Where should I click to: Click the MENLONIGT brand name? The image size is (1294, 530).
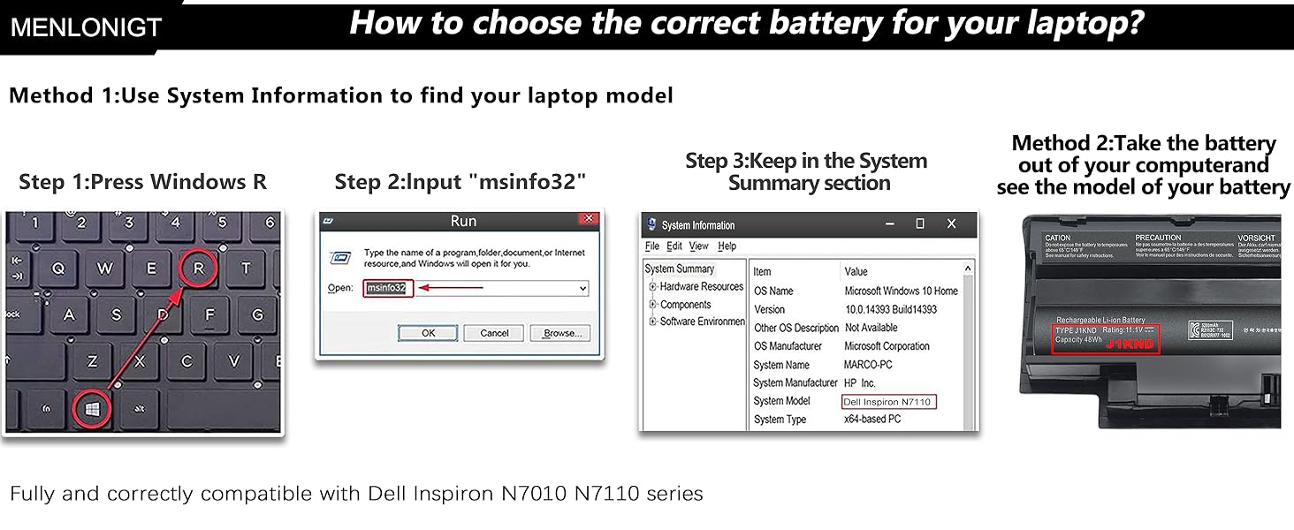tap(86, 27)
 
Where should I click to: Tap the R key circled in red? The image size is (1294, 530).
tap(199, 268)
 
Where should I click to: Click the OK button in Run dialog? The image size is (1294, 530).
tap(428, 333)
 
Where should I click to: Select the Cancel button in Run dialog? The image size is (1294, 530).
tap(494, 333)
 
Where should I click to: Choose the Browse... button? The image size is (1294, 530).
tap(559, 333)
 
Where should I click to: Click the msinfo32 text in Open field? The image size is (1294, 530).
tap(387, 288)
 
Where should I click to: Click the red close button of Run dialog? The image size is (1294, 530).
tap(588, 219)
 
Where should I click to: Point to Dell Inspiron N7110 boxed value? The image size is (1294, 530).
tap(887, 402)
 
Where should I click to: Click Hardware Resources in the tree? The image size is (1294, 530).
tap(701, 286)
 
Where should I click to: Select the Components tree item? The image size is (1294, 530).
tap(685, 305)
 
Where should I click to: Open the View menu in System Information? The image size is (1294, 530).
tap(698, 246)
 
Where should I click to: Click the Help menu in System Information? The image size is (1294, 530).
tap(727, 246)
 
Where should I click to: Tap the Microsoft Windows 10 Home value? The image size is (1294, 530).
tap(901, 291)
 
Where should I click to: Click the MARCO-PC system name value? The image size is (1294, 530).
tap(868, 365)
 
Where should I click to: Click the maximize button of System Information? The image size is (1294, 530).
tap(920, 224)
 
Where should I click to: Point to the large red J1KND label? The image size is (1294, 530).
tap(1130, 344)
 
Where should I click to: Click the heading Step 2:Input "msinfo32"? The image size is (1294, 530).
tap(460, 182)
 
